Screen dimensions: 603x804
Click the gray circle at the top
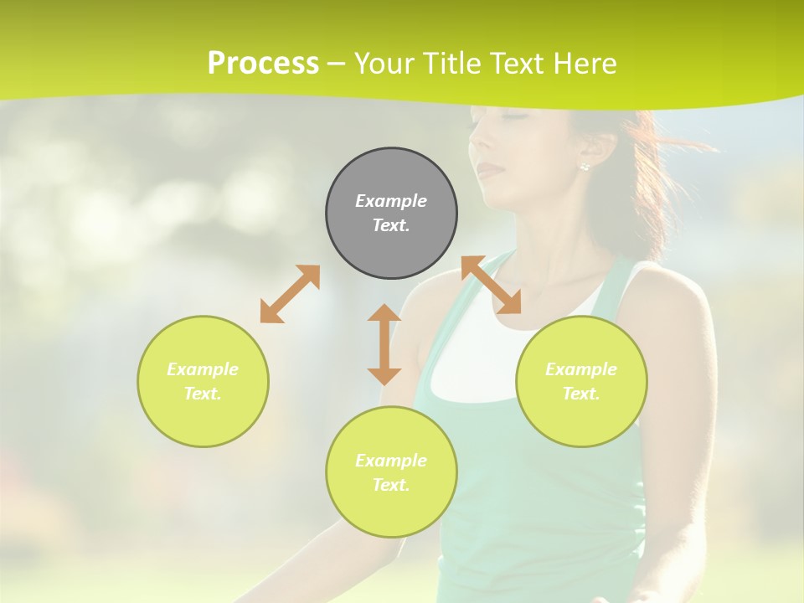click(x=391, y=214)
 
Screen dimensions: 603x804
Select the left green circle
click(x=203, y=381)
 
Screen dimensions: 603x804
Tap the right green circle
click(x=581, y=381)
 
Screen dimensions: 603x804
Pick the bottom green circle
click(x=391, y=472)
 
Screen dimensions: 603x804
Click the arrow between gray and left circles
click(x=290, y=294)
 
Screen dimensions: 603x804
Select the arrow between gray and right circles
click(x=492, y=285)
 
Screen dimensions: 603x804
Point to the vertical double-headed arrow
click(x=384, y=344)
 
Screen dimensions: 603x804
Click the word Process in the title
click(x=263, y=63)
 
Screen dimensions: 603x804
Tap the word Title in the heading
click(x=451, y=63)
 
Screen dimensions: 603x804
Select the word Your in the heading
click(x=384, y=63)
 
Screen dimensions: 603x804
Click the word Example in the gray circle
click(x=391, y=201)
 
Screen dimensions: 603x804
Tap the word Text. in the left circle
click(x=203, y=394)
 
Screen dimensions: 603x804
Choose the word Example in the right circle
click(x=581, y=369)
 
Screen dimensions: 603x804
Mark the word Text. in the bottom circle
click(x=391, y=485)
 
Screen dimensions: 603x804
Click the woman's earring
click(x=584, y=166)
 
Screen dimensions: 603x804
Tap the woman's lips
click(x=490, y=171)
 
